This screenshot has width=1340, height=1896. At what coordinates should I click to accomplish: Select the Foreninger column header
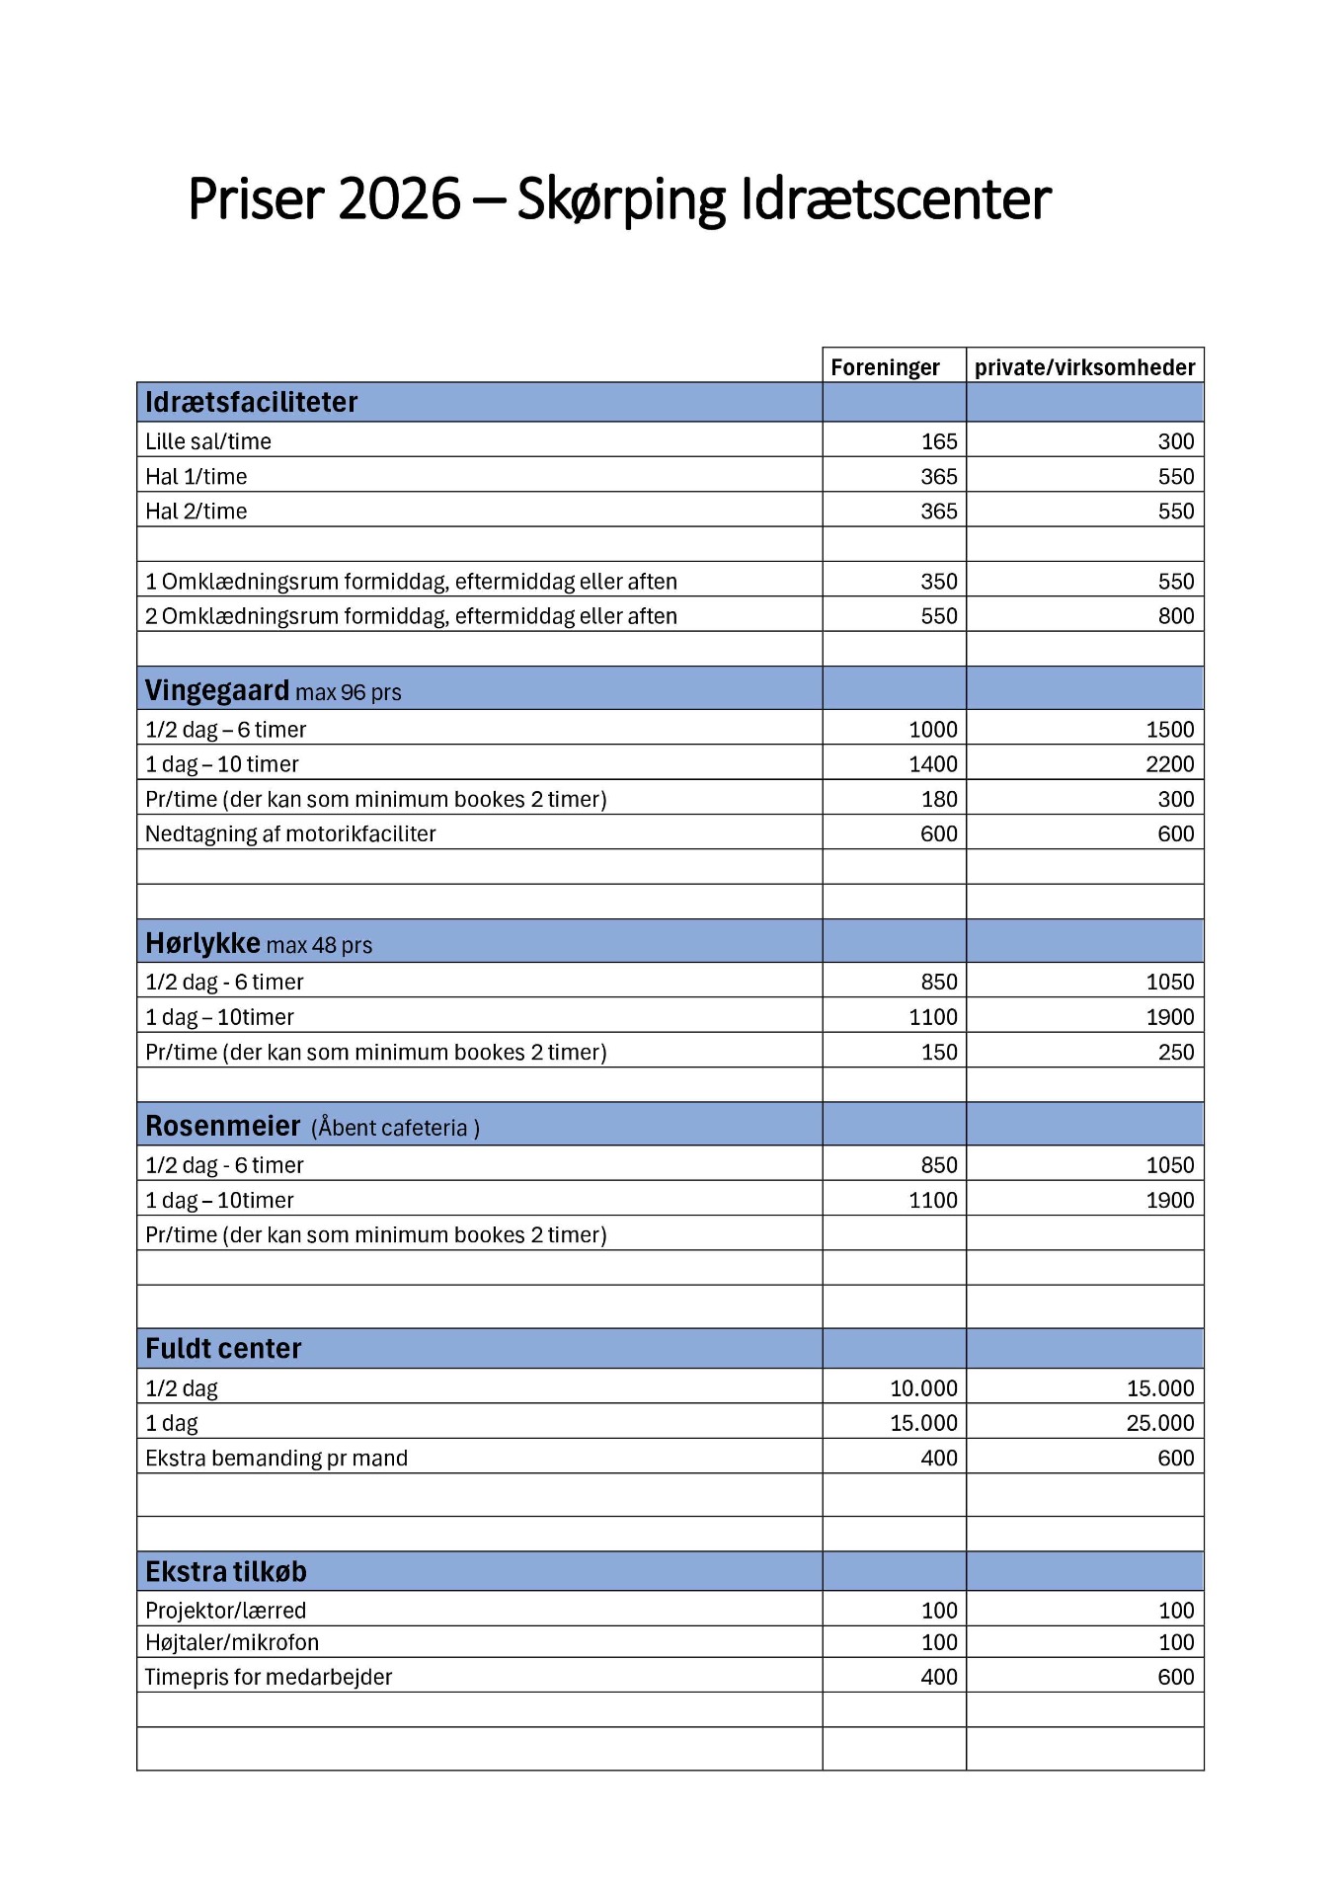[885, 367]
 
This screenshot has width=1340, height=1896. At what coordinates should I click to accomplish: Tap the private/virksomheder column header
[1084, 367]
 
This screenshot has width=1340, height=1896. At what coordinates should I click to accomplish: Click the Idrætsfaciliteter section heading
[251, 403]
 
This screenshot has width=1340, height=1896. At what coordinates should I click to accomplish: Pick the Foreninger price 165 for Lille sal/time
[939, 441]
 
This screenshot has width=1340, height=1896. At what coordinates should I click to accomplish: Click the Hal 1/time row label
[196, 477]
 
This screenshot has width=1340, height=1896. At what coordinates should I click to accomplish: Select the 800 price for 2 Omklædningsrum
[1175, 616]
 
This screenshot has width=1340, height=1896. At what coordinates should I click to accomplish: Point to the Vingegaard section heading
[217, 690]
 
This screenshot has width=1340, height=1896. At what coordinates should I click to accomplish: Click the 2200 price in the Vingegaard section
[1169, 764]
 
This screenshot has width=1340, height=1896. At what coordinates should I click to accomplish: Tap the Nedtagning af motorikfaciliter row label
[290, 834]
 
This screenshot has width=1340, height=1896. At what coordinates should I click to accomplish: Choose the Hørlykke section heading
[202, 943]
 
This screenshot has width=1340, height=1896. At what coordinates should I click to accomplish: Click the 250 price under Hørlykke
[1175, 1053]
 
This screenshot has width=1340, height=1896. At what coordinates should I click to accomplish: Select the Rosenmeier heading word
[222, 1127]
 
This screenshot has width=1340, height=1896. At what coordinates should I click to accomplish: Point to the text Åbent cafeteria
[395, 1128]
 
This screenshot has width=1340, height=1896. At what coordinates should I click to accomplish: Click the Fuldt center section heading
[223, 1349]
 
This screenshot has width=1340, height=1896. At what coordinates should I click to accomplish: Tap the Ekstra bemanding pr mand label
[276, 1459]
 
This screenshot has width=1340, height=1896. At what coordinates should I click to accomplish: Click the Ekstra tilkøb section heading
[225, 1572]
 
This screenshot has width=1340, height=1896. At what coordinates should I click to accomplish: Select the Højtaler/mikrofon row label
[232, 1643]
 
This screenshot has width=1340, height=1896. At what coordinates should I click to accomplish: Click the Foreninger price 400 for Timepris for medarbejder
[939, 1678]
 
